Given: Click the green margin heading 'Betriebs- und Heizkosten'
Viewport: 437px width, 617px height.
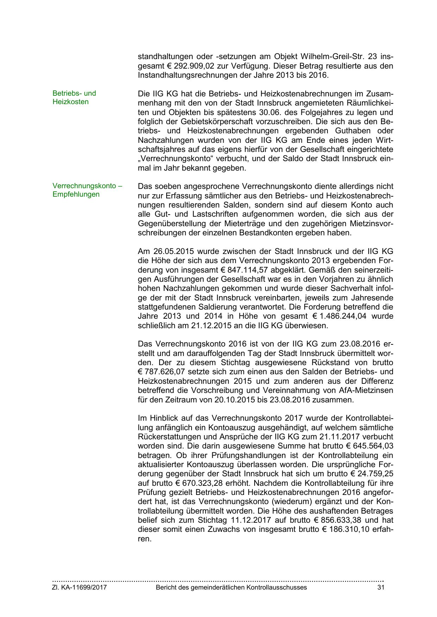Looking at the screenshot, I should pyautogui.click(x=74, y=97).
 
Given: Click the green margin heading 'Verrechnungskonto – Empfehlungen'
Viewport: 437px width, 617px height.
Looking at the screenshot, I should pyautogui.click(x=87, y=190).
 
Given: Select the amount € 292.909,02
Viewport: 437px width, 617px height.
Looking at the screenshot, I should pyautogui.click(x=182, y=66).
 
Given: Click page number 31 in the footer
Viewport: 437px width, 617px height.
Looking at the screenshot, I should pyautogui.click(x=381, y=587).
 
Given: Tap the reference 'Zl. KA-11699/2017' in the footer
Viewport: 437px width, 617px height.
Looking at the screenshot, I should pyautogui.click(x=80, y=587).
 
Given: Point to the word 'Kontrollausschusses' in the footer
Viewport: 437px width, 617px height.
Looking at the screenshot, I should pyautogui.click(x=276, y=587).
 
